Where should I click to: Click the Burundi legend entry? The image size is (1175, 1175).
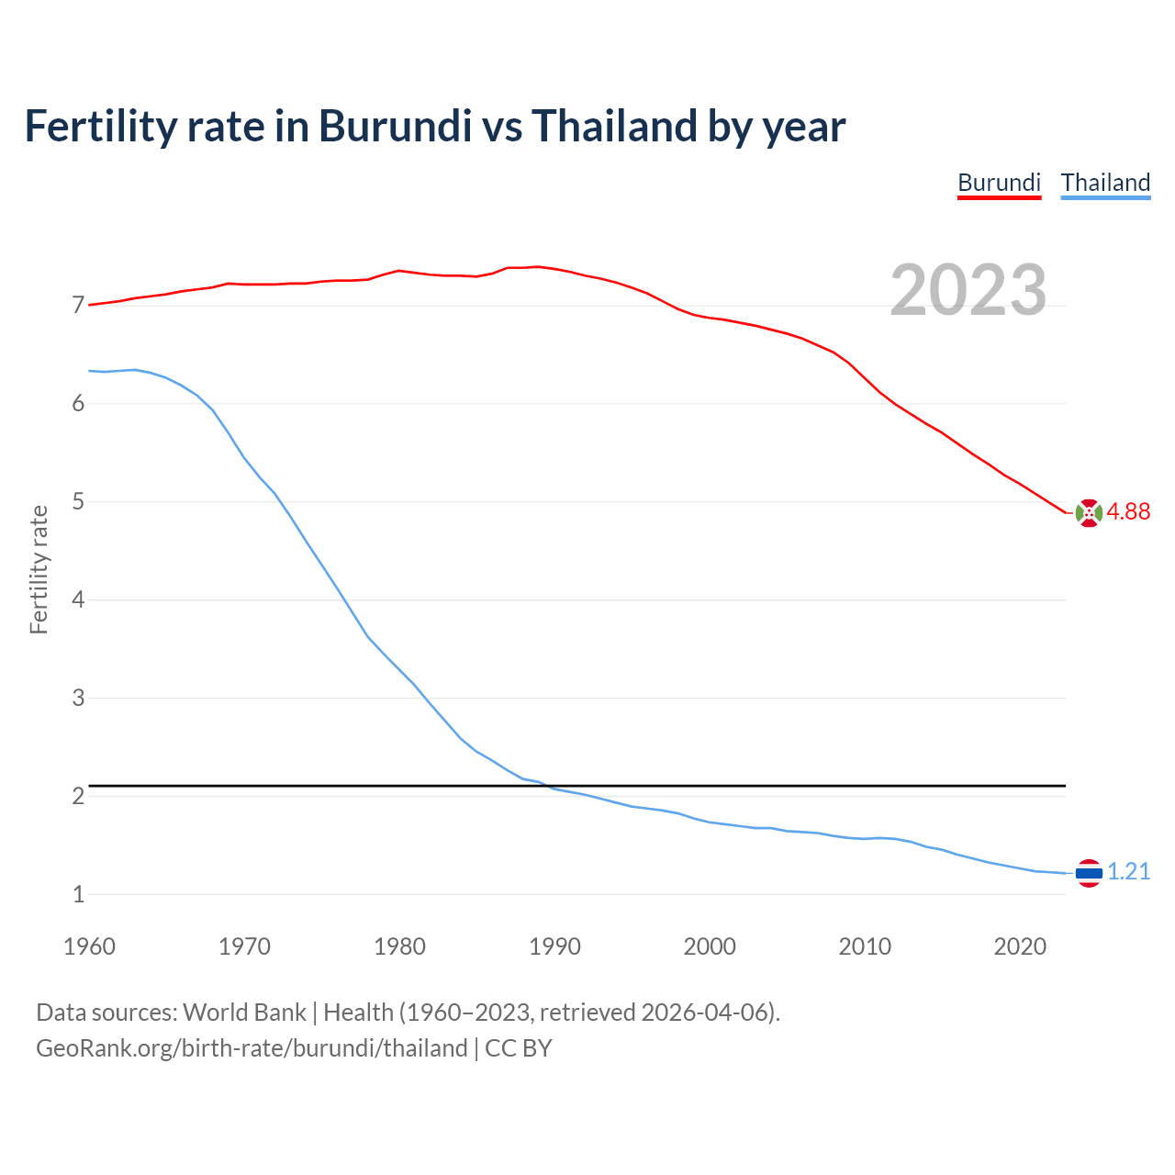click(x=999, y=183)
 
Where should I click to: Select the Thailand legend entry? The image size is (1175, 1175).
click(x=1105, y=183)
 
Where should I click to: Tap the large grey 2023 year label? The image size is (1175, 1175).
click(x=968, y=290)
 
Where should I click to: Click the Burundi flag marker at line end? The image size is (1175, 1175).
click(x=1089, y=513)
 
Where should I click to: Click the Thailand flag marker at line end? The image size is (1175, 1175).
click(x=1089, y=873)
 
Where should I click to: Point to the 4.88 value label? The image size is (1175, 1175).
click(x=1128, y=512)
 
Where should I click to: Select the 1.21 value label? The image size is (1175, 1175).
click(x=1128, y=872)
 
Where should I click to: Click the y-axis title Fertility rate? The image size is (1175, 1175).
click(x=39, y=569)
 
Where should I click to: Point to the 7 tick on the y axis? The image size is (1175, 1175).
click(x=78, y=306)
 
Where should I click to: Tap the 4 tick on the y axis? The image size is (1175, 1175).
click(x=78, y=600)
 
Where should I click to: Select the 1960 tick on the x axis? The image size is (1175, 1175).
click(x=89, y=946)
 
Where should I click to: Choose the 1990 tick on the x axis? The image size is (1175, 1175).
click(x=554, y=946)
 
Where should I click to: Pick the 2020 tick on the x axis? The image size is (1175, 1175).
click(x=1020, y=946)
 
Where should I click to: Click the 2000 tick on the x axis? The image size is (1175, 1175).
click(x=710, y=946)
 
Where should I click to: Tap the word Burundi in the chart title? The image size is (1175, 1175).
click(x=395, y=126)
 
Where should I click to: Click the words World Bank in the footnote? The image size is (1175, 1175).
click(x=244, y=1013)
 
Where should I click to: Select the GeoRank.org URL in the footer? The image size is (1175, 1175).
click(x=252, y=1048)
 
